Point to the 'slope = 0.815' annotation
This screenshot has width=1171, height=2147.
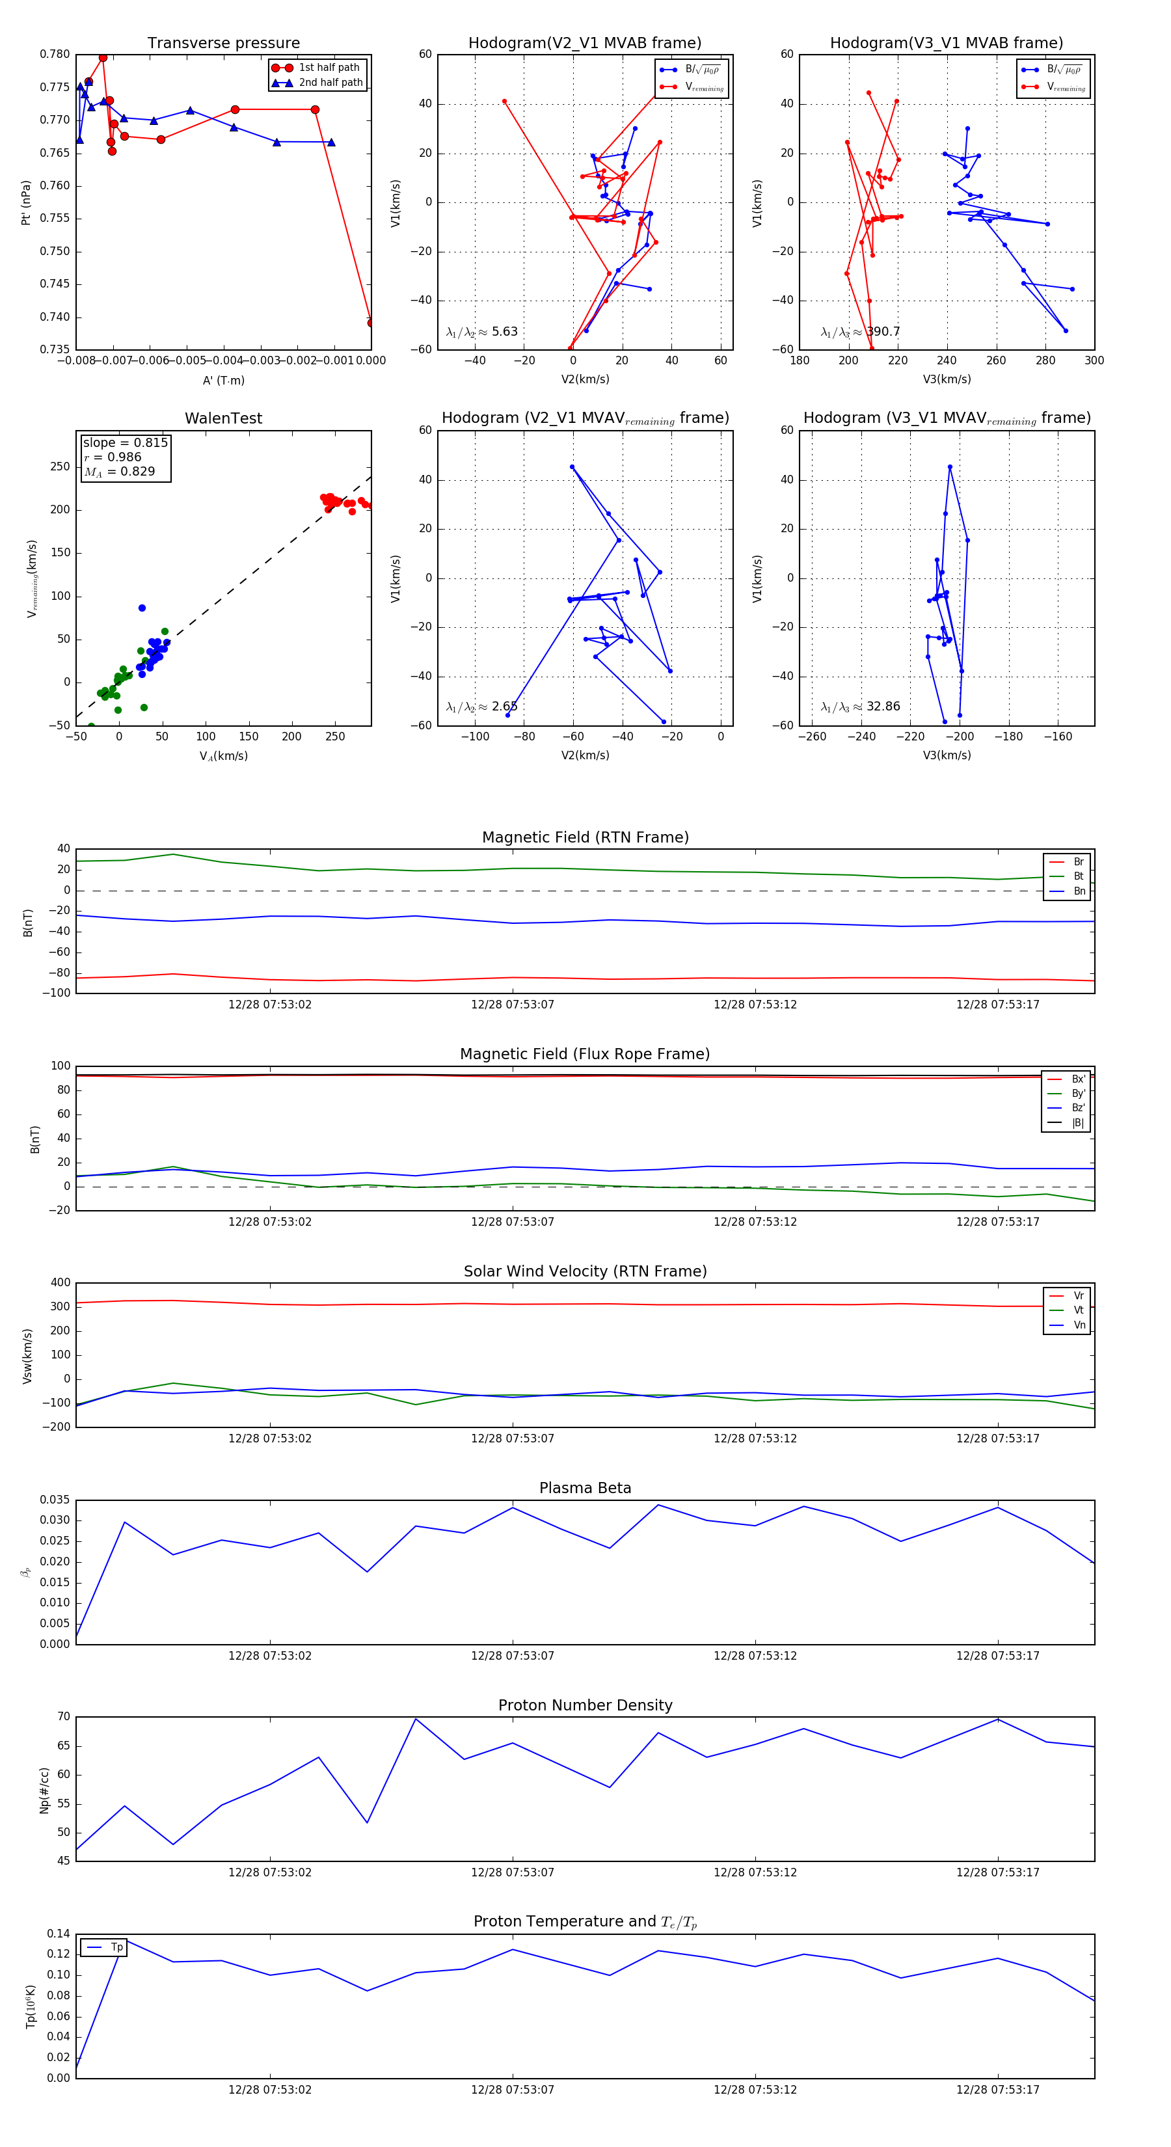125,442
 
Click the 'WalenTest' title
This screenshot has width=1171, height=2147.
223,418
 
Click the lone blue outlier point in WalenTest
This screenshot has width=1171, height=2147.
142,608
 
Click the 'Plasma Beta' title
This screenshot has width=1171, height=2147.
585,1488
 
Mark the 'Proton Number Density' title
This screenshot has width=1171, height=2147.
585,1705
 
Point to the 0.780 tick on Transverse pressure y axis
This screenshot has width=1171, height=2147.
55,54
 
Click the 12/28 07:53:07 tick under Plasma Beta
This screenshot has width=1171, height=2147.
513,1655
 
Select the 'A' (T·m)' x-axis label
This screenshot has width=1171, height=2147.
223,380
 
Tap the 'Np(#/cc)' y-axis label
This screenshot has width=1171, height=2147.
45,1790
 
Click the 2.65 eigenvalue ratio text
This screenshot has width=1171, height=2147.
504,707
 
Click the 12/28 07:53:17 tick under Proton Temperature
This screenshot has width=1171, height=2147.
998,2090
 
